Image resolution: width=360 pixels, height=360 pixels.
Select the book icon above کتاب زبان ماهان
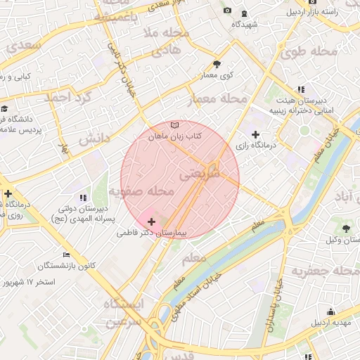[x=175, y=124]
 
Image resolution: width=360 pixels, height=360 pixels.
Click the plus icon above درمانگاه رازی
[x=255, y=134]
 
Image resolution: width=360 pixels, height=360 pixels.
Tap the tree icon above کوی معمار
[x=217, y=64]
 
